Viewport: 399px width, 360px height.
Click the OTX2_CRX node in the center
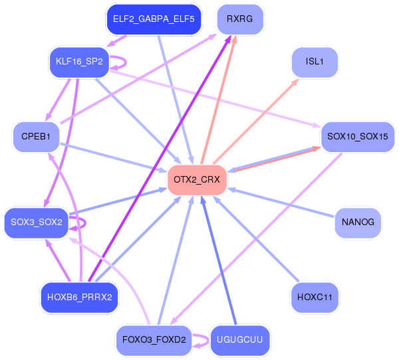coord(197,180)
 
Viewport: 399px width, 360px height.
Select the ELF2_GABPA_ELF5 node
coord(154,19)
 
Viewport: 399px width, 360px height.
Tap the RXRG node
coord(240,19)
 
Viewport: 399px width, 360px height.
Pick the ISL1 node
coord(315,62)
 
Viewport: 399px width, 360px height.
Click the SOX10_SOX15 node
coord(358,137)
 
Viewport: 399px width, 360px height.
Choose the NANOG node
coord(358,223)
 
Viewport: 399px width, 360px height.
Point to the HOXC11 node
coord(315,298)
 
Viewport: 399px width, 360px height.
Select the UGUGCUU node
coord(239,340)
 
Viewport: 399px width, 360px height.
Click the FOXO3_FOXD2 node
coord(154,340)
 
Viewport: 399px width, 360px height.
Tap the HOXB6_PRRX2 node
coord(80,298)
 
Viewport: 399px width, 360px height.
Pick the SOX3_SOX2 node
coord(37,223)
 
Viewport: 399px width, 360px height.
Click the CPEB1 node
coord(36,137)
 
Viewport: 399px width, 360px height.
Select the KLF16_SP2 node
coord(79,62)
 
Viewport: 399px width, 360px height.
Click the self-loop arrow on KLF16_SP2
coord(126,62)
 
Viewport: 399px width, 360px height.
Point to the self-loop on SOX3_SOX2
coord(85,223)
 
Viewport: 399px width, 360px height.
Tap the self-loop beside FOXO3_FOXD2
coord(208,340)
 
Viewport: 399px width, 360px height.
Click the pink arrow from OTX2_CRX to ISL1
coord(256,122)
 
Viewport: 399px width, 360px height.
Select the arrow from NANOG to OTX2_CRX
coord(281,203)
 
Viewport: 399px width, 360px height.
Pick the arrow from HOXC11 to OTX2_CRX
coord(256,239)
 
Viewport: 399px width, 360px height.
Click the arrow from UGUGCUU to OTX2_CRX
coord(219,260)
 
